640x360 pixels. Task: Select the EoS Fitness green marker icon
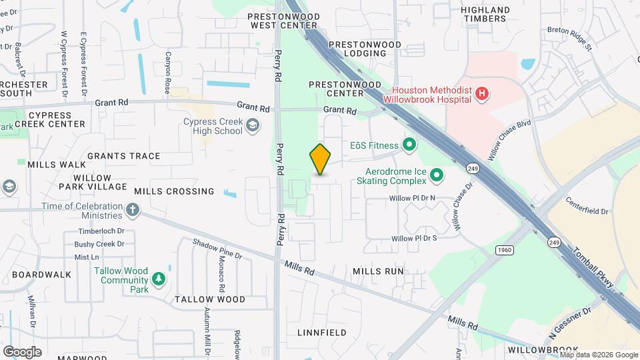click(409, 145)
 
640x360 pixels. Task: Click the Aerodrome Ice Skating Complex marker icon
click(437, 175)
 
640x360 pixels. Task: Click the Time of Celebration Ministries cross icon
click(133, 211)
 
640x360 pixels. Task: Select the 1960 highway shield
click(505, 249)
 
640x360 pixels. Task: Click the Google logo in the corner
click(22, 351)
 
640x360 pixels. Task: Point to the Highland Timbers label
click(486, 14)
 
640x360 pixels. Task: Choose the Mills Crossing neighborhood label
click(174, 191)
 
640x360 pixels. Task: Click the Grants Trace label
click(123, 156)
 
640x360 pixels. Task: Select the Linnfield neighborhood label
click(321, 332)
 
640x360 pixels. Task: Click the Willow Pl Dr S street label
click(414, 238)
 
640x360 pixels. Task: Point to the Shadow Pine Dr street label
click(217, 249)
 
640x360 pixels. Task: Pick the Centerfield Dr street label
click(587, 206)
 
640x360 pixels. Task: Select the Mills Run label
click(378, 271)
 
